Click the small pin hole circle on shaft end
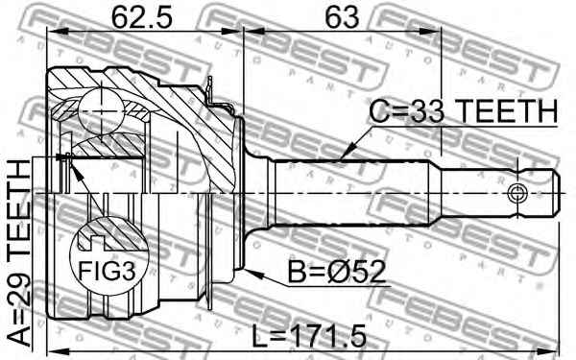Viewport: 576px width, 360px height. click(x=519, y=191)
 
